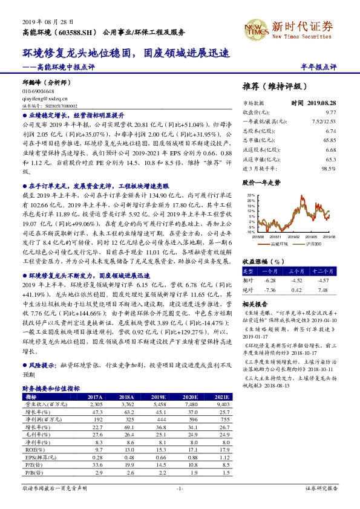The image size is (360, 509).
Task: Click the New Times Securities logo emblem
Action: [256, 28]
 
